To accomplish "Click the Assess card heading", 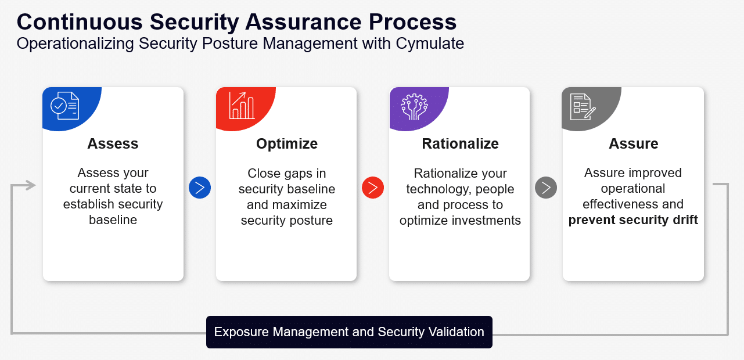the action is tap(113, 144).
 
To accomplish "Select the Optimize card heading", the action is tap(287, 144).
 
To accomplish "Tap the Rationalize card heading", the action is tap(460, 144).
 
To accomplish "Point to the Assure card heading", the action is tap(634, 144).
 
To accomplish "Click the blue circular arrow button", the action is tap(200, 188).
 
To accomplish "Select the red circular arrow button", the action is tap(373, 188).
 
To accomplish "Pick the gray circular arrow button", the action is tap(546, 188).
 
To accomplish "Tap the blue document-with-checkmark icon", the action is tap(65, 106).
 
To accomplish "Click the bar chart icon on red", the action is tap(242, 105).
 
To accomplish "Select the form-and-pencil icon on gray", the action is tap(583, 107).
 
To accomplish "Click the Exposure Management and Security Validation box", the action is tap(349, 332).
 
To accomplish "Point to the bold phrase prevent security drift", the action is tap(633, 220).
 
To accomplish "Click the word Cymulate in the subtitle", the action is tap(430, 44).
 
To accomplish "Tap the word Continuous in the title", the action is tap(80, 22).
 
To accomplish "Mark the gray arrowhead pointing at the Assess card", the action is tap(31, 185).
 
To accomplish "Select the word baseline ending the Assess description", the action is tap(113, 220).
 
